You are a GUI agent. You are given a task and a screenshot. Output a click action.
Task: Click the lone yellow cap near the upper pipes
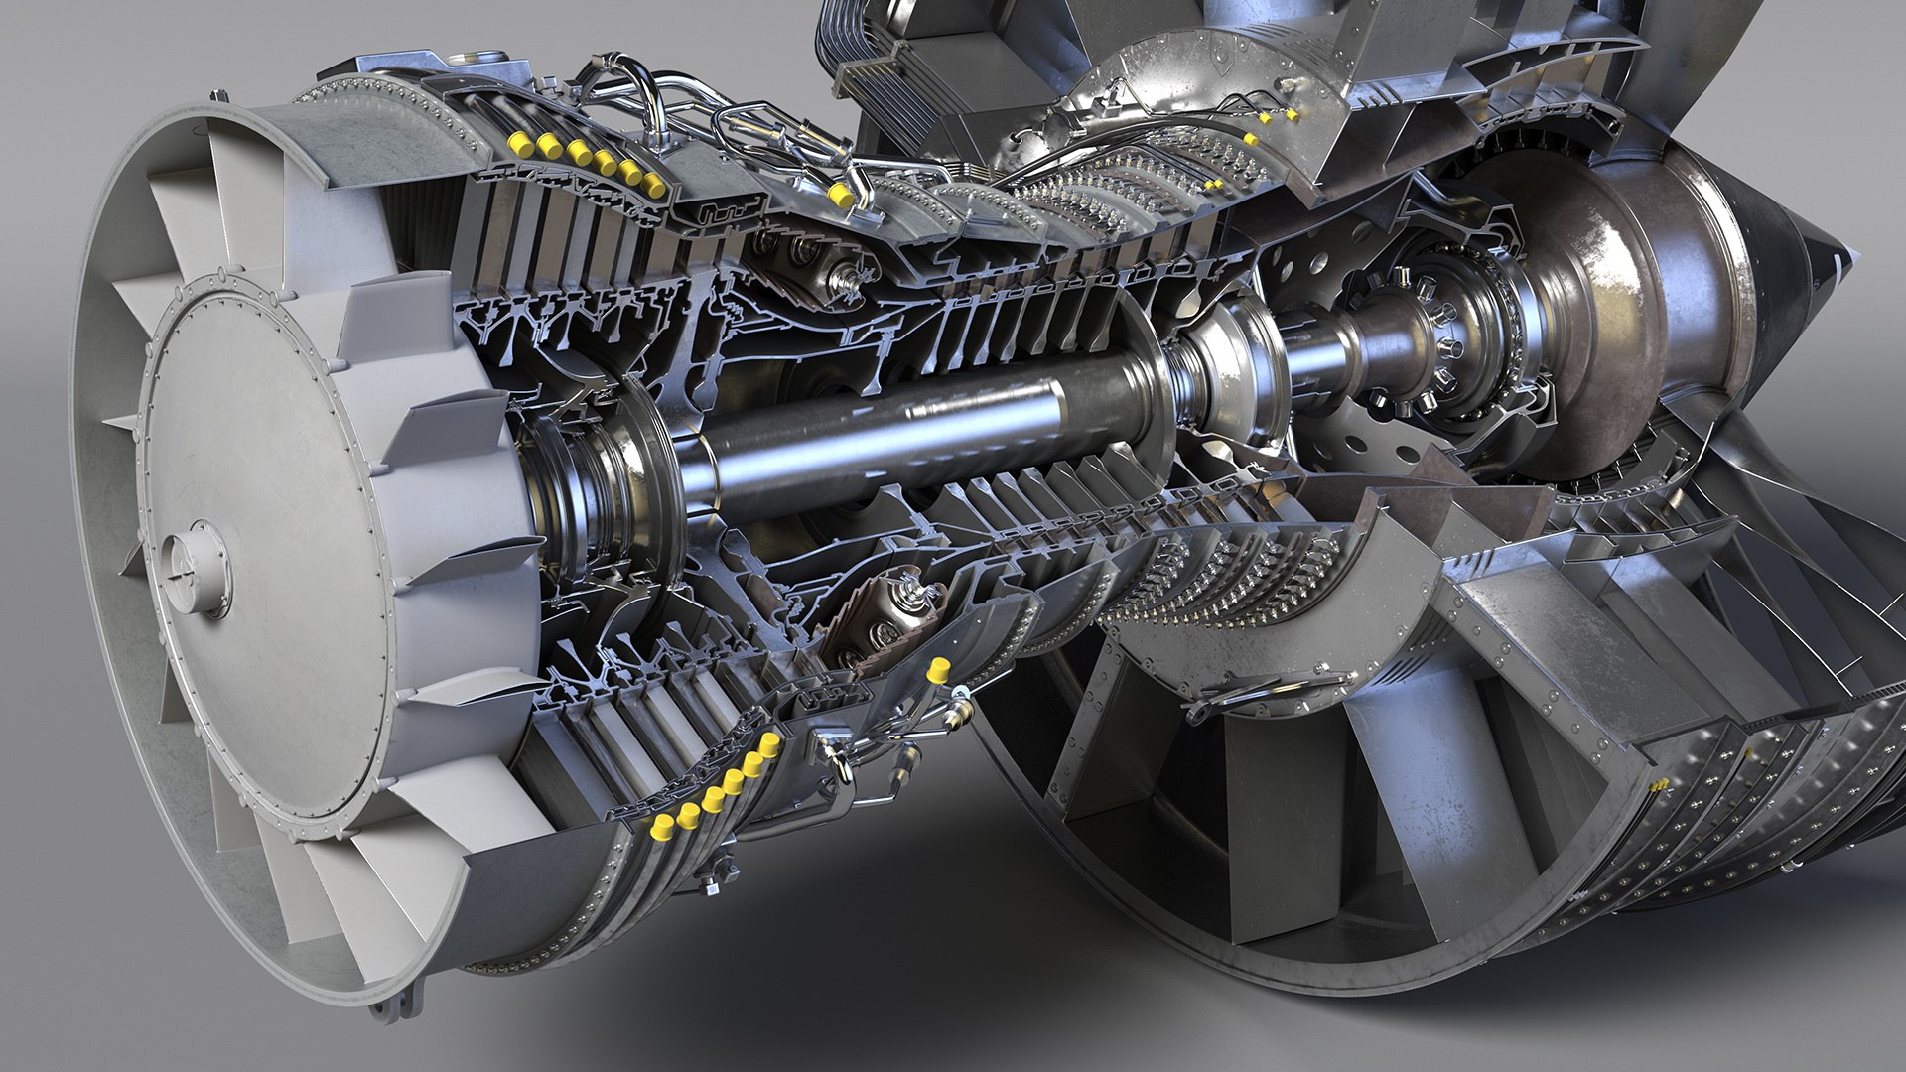click(839, 193)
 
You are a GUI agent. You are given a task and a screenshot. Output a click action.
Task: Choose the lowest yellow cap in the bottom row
click(660, 826)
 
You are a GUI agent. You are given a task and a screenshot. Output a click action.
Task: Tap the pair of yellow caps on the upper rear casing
click(1278, 116)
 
